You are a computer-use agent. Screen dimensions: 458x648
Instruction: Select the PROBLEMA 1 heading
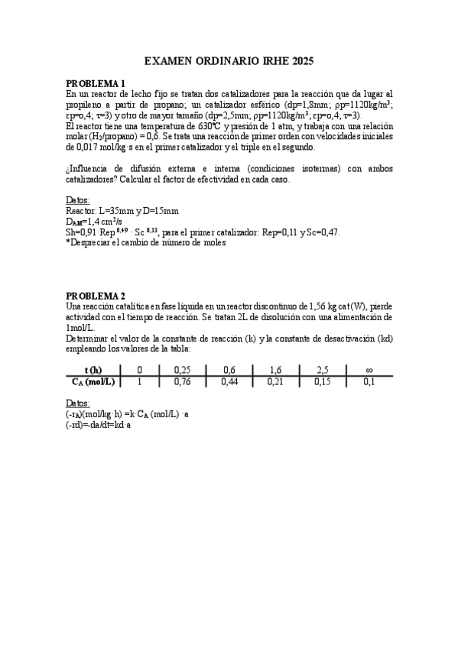[x=96, y=83]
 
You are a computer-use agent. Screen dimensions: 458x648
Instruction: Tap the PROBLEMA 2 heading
[x=96, y=296]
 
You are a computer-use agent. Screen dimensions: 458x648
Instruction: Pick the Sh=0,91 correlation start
[x=83, y=232]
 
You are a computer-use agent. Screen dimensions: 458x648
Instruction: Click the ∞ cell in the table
[x=369, y=371]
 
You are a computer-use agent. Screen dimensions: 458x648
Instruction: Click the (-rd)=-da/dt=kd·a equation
[x=99, y=424]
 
